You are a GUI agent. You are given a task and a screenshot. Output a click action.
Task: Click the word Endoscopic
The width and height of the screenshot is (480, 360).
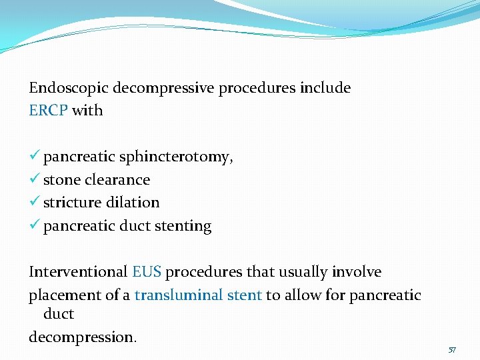[x=69, y=88]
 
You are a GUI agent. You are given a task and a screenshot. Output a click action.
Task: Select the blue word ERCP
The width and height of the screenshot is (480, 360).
[x=48, y=111]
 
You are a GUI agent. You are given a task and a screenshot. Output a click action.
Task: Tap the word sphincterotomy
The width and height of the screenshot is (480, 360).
[x=175, y=157]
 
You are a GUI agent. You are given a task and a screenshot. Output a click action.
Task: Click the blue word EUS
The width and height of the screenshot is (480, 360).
[x=146, y=272]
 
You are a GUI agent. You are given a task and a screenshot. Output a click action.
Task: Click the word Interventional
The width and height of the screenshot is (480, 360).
[x=78, y=272]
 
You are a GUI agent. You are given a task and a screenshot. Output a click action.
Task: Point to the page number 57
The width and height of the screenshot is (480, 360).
[x=452, y=349]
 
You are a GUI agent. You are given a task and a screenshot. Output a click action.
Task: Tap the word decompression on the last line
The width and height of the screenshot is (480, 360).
[x=81, y=337]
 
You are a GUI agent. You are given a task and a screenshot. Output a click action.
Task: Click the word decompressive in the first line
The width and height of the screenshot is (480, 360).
[x=164, y=88]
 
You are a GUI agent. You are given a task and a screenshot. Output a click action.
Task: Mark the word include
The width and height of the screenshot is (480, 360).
[x=325, y=88]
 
